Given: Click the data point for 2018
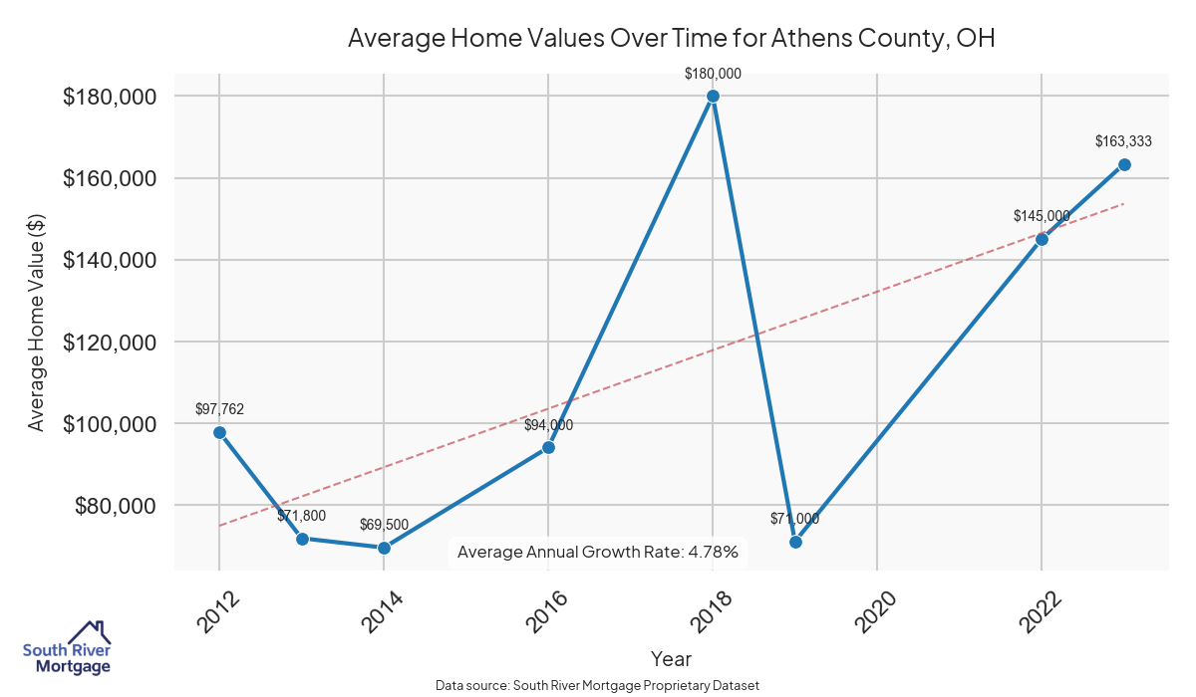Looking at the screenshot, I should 713,97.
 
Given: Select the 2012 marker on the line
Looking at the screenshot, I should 219,432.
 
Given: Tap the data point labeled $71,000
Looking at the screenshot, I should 795,542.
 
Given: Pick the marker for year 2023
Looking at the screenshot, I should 1124,164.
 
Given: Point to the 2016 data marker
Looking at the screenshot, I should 548,447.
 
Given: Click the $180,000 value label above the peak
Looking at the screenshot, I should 713,74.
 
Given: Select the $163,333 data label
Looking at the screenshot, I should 1123,141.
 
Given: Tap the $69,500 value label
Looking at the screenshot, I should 385,525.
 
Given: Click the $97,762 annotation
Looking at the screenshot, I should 219,409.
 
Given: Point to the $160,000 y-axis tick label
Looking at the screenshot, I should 111,178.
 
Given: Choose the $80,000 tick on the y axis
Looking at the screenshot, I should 117,506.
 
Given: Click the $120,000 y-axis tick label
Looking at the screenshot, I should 111,343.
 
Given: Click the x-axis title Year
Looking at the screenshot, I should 671,658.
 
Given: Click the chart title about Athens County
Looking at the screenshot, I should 671,39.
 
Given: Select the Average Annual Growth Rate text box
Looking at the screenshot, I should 597,552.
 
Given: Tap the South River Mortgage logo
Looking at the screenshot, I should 67,648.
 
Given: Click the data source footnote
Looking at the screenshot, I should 597,685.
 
